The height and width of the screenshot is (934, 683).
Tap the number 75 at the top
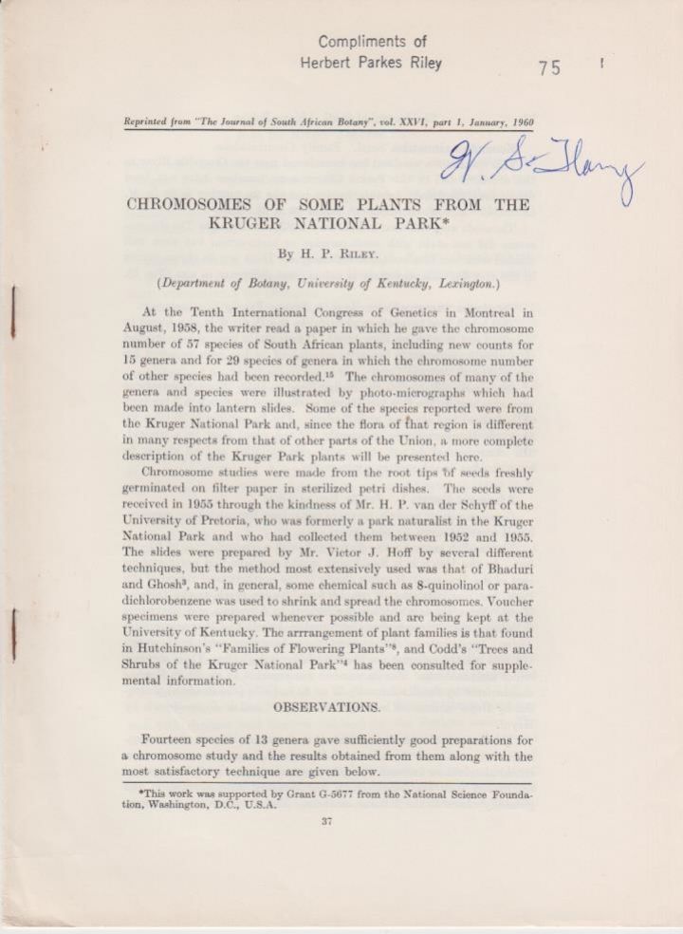tap(549, 67)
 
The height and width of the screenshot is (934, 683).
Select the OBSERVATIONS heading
tap(327, 707)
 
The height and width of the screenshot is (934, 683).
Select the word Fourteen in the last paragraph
tap(173, 739)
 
